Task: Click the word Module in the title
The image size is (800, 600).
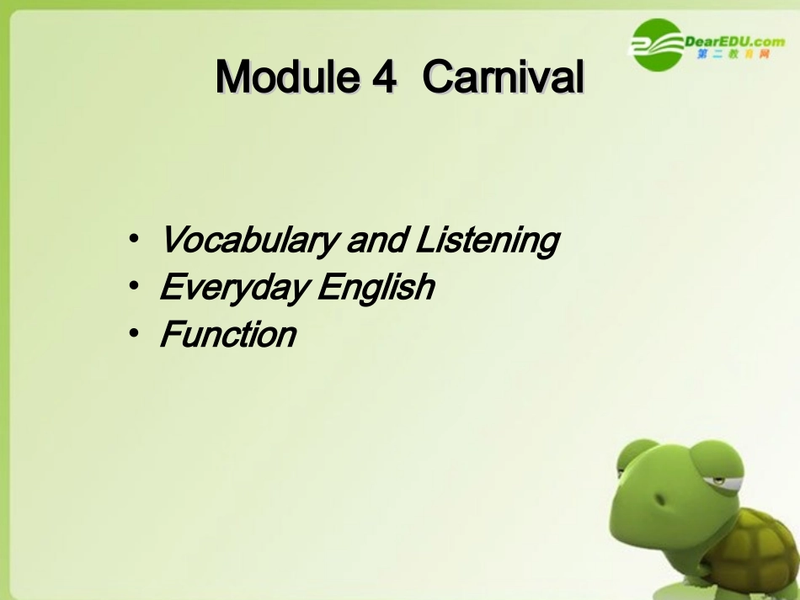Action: [286, 78]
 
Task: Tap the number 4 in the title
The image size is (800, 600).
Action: [383, 78]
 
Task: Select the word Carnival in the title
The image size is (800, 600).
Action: [504, 78]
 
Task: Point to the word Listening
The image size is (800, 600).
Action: [487, 241]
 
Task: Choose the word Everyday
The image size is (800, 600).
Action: [232, 288]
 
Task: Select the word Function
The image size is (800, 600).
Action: [227, 334]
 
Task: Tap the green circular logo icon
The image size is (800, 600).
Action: [658, 45]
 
